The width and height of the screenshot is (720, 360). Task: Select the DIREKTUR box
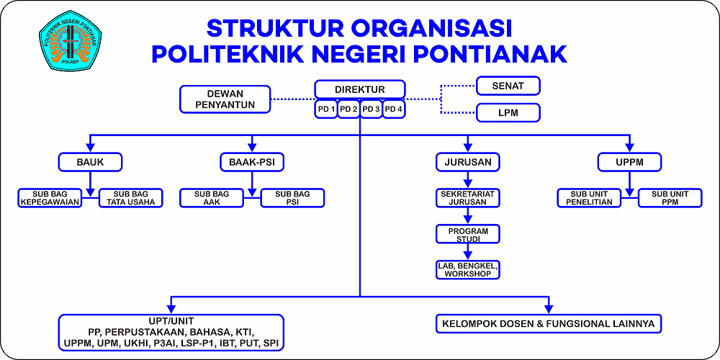[x=359, y=89]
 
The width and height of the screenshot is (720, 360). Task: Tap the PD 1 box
[x=326, y=109]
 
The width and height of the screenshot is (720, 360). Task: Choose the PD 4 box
[x=394, y=109]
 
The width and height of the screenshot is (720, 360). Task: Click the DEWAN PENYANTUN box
[x=225, y=99]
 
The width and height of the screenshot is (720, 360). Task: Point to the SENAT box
[x=508, y=86]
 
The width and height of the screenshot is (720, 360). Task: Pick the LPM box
[x=508, y=112]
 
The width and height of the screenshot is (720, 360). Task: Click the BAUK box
[x=91, y=161]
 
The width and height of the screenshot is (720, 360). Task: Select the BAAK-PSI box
[x=251, y=161]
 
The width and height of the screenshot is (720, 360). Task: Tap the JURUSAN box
[x=467, y=161]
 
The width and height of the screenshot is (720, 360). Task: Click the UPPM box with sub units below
[x=629, y=161]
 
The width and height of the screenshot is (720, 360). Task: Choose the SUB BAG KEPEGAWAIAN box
[x=50, y=197]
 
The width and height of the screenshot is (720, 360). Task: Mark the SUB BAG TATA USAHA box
[x=131, y=197]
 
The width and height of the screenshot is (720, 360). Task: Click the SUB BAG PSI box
[x=292, y=197]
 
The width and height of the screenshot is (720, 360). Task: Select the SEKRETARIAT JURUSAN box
[x=467, y=197]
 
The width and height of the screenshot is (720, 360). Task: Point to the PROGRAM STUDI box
[x=467, y=234]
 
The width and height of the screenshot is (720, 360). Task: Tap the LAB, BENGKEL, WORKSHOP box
[x=467, y=269]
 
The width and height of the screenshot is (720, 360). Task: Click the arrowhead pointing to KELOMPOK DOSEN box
[x=548, y=309]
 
